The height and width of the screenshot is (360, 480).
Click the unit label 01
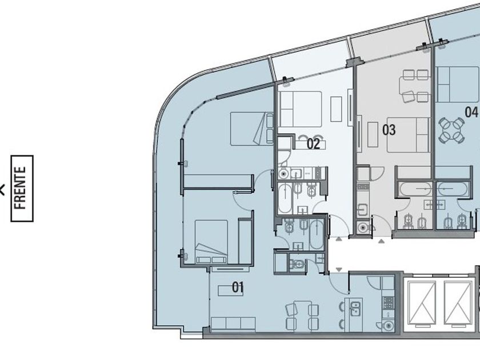238,287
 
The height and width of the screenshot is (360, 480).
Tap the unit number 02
313,143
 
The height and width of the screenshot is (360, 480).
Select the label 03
389,130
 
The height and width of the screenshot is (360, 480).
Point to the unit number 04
471,112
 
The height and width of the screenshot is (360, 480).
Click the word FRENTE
20,188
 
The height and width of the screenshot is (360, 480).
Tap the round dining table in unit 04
452,130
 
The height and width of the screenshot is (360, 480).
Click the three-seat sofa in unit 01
233,323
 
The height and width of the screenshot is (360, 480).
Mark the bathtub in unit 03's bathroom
415,189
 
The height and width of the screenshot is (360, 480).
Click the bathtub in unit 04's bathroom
453,189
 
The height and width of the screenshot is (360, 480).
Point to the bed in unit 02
301,109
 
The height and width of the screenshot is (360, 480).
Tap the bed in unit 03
408,135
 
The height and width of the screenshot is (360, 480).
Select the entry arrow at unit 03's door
381,241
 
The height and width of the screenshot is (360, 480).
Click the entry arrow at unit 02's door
338,239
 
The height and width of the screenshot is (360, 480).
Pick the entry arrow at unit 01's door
339,269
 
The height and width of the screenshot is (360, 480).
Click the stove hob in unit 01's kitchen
388,303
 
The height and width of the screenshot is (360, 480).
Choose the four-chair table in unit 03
415,86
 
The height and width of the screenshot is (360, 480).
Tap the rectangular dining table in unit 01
302,315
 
